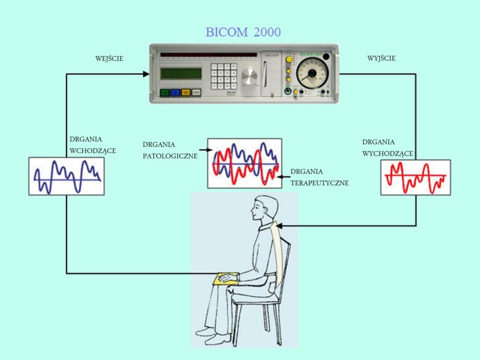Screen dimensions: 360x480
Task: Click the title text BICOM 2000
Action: pyautogui.click(x=243, y=32)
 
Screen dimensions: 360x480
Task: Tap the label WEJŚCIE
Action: pyautogui.click(x=109, y=59)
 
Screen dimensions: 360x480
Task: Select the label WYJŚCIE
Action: pyautogui.click(x=381, y=59)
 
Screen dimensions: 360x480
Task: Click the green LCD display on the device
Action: pyautogui.click(x=180, y=74)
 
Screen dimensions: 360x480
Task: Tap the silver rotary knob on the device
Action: pyautogui.click(x=249, y=76)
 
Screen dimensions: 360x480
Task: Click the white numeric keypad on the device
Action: pyautogui.click(x=223, y=76)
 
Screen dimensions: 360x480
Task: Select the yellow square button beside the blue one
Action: pyautogui.click(x=186, y=93)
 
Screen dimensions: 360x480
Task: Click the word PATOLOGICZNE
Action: pyautogui.click(x=170, y=156)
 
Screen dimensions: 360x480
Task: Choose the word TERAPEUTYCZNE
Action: pyautogui.click(x=320, y=183)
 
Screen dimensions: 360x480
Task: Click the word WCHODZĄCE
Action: pyautogui.click(x=93, y=151)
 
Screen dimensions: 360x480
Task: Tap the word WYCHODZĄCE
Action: pyautogui.click(x=388, y=153)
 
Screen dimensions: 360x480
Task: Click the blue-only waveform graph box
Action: pyautogui.click(x=67, y=176)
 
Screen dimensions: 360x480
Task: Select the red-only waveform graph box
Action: pyautogui.click(x=415, y=177)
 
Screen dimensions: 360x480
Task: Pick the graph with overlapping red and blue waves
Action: pyautogui.click(x=245, y=163)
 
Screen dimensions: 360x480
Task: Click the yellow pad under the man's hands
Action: pyautogui.click(x=225, y=279)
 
